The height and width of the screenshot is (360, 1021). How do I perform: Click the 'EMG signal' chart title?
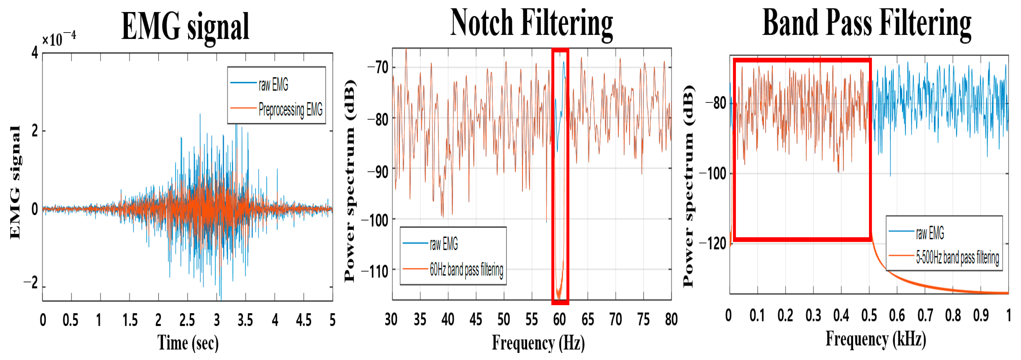185,27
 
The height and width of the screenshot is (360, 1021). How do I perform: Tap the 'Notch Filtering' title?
531,24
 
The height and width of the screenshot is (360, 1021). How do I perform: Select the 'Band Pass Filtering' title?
867,24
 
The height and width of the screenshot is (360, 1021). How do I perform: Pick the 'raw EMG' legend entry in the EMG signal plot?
273,84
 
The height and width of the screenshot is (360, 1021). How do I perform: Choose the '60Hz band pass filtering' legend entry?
466,270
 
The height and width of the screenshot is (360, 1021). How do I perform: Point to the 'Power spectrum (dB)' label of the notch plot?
349,180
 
